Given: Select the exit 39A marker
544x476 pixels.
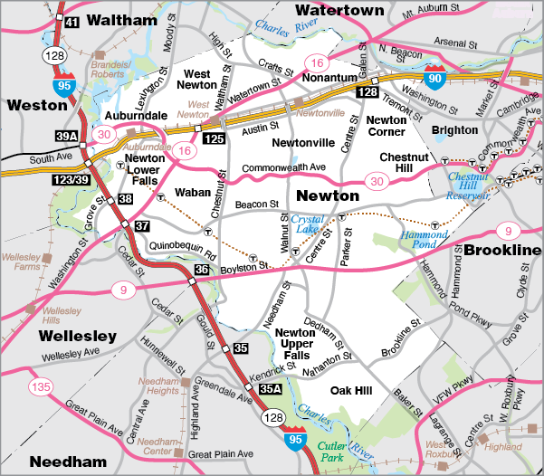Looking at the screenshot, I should coord(66,137).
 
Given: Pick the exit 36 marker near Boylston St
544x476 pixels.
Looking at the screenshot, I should coord(202,270).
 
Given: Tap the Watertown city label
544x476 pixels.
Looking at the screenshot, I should coord(339,11).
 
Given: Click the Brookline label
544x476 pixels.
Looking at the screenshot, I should coord(503,249).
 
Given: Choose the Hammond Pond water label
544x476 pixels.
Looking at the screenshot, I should coord(423,242).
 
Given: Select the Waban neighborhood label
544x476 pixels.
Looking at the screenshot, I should coord(192,192).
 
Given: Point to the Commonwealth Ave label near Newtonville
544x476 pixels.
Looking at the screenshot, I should coord(282,167).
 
